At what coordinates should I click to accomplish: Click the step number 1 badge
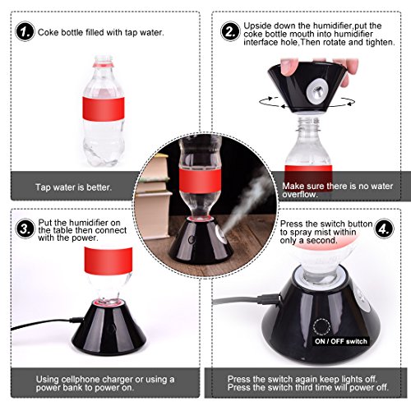click(25, 31)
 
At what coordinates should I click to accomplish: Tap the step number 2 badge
click(230, 31)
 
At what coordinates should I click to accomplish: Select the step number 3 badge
click(25, 229)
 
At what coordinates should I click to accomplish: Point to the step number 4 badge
click(384, 229)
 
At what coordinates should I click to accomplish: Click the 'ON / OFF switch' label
click(341, 341)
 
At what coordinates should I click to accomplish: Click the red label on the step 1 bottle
click(104, 109)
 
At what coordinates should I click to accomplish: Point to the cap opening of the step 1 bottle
click(104, 58)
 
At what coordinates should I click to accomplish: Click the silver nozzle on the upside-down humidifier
click(317, 91)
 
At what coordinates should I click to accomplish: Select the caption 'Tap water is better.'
click(73, 187)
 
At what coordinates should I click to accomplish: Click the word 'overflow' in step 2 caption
click(300, 195)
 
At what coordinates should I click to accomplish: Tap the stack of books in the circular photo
click(152, 195)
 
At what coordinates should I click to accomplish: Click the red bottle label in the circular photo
click(200, 180)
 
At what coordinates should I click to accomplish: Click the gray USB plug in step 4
click(269, 298)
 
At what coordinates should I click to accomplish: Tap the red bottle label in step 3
click(109, 261)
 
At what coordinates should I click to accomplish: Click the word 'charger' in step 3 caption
click(118, 380)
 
